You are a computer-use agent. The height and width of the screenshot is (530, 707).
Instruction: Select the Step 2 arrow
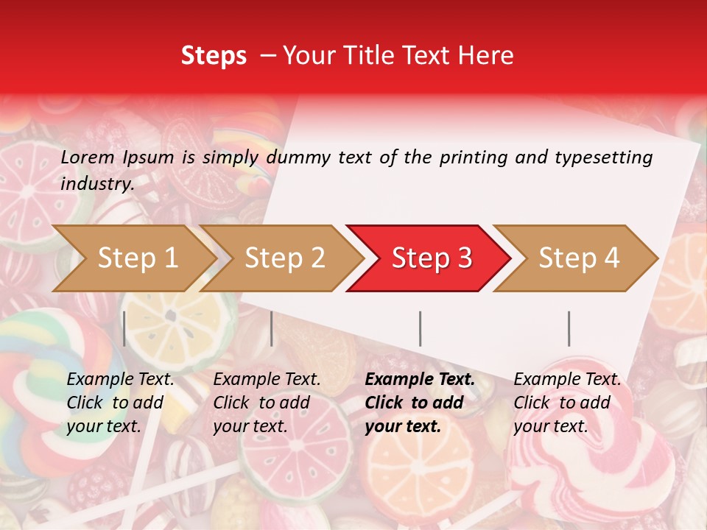(284, 258)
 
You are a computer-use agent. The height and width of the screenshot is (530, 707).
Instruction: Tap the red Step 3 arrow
(432, 258)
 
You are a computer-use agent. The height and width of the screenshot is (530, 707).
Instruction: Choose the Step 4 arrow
(579, 258)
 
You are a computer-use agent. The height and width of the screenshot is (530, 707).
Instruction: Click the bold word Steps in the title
(214, 56)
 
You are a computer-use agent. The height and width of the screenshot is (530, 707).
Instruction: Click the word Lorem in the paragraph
(88, 158)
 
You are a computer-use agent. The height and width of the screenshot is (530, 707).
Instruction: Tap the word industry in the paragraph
(97, 183)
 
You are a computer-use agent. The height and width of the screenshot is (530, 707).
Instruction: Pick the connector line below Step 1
(124, 328)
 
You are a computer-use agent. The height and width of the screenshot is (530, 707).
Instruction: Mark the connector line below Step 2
(272, 328)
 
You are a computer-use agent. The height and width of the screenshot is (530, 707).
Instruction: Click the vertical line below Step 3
(420, 328)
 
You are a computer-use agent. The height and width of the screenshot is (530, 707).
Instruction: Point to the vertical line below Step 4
(569, 328)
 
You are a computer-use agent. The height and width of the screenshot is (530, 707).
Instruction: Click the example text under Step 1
(119, 403)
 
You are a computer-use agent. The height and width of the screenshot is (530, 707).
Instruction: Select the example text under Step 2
(266, 403)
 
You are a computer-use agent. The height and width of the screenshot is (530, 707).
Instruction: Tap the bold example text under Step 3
(419, 403)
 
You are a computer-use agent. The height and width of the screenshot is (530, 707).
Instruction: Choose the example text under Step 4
(566, 403)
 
